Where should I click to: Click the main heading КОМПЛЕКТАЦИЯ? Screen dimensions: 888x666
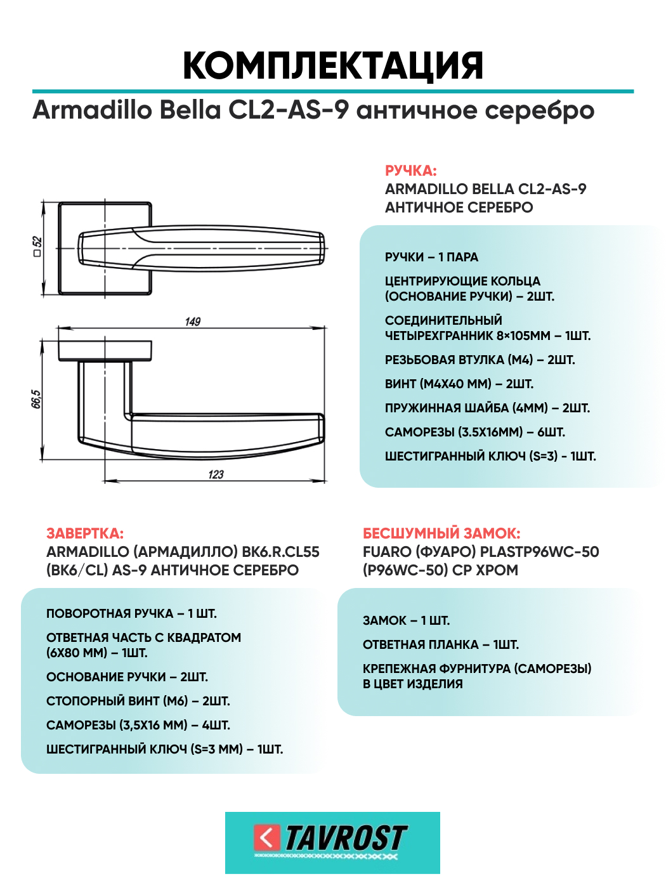[333, 65]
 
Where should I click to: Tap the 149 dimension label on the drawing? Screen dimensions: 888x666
[193, 322]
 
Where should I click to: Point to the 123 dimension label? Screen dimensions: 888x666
[216, 474]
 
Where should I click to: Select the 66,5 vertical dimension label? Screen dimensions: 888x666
[36, 400]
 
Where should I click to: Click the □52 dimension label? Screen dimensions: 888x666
[37, 247]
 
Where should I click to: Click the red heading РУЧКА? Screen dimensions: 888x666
[410, 171]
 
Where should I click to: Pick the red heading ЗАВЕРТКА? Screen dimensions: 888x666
[85, 533]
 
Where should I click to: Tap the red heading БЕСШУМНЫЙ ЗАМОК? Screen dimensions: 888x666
[441, 533]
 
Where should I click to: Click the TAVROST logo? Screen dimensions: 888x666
[332, 842]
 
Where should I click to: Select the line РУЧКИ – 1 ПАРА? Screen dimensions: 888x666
[431, 257]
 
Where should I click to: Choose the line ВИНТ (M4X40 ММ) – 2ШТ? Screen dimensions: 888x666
[459, 384]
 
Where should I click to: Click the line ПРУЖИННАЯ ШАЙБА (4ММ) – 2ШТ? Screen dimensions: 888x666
[487, 408]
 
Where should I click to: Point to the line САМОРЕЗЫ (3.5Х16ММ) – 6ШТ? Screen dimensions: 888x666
[475, 432]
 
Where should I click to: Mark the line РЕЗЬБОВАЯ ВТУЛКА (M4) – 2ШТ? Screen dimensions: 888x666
[480, 360]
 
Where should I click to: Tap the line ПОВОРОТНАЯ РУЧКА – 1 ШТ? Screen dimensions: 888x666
[131, 613]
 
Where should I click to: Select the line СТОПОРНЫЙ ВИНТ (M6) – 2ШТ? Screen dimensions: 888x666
[138, 701]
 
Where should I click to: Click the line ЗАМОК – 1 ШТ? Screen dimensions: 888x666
[406, 620]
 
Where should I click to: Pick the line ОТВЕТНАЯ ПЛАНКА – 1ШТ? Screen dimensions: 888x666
[441, 644]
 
